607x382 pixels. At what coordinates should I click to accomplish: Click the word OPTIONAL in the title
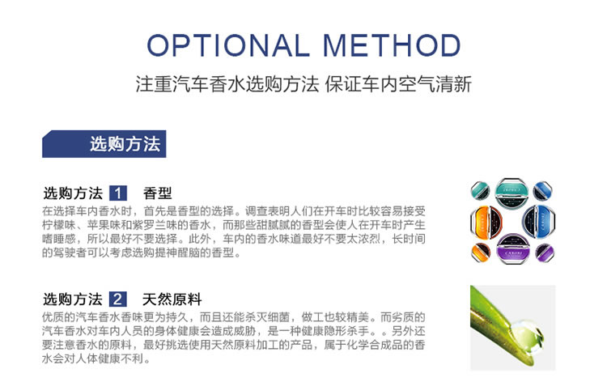point(228,45)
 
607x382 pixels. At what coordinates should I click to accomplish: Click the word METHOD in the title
point(392,45)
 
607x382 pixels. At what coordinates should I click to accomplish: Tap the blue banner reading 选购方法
point(104,144)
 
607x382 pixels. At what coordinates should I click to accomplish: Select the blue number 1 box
point(117,193)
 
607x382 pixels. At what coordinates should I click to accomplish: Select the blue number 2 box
point(117,299)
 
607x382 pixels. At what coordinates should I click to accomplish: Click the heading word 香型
point(157,193)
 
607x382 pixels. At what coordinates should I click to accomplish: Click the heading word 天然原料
point(172,299)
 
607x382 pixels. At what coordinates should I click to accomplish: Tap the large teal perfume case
point(514,193)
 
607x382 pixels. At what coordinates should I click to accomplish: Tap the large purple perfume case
point(514,248)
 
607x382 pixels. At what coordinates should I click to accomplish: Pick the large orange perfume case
point(486,222)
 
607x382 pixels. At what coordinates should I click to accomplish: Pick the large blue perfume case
point(539,221)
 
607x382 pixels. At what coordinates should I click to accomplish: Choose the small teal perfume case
point(481,190)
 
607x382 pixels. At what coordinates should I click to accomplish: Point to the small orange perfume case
point(481,253)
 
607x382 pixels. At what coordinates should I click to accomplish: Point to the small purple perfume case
point(545,253)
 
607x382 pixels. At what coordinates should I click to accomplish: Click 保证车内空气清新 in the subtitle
point(398,84)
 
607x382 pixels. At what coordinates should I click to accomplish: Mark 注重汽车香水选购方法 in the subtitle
point(227,84)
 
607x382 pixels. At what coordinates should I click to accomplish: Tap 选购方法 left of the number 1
point(73,193)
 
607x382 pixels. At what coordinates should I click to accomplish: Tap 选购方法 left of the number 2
point(73,299)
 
